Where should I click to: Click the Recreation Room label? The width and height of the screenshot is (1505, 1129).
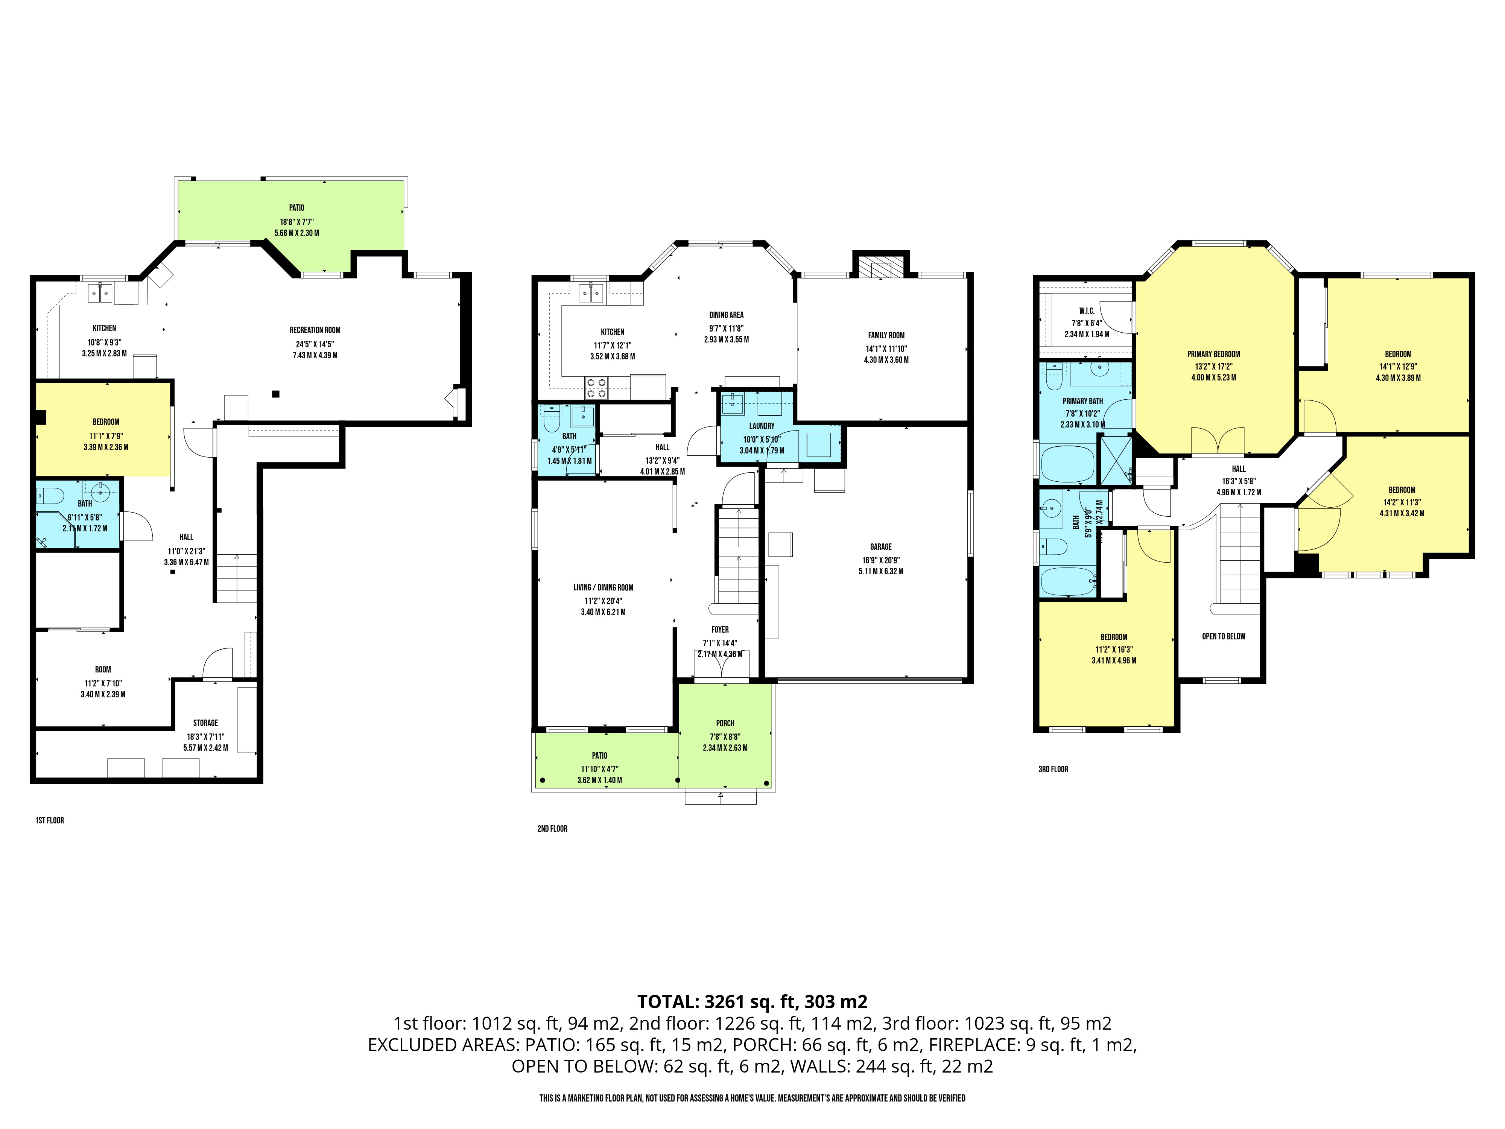coord(315,330)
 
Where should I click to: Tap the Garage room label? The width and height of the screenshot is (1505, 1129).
coord(880,546)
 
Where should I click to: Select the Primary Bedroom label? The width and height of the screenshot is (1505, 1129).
coord(1214,354)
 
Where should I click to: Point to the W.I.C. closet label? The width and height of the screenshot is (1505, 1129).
coord(1087,311)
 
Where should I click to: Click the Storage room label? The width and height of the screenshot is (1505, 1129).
coord(205,723)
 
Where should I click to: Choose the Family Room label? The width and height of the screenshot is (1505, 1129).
coord(886,335)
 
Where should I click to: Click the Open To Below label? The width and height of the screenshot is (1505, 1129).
coord(1223,636)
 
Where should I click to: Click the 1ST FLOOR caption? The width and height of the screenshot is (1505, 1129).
coord(50,820)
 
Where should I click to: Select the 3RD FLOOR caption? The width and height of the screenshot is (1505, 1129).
coord(1053,769)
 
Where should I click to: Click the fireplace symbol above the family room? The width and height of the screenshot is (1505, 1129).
coord(881,268)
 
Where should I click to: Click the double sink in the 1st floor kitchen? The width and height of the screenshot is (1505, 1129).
coord(101,293)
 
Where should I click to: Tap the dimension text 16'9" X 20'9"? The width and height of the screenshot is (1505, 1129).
coord(880,560)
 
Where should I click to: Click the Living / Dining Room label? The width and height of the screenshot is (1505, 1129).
coord(604,587)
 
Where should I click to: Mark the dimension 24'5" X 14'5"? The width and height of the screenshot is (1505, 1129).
coord(315,344)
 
